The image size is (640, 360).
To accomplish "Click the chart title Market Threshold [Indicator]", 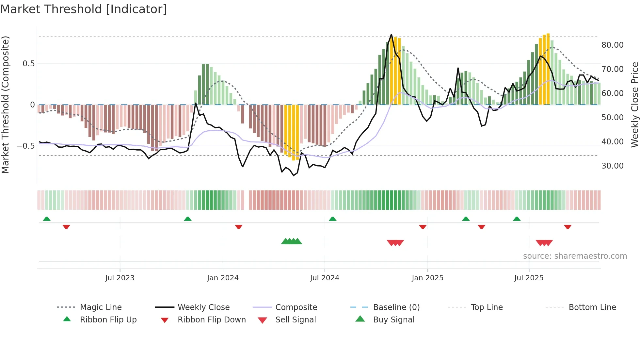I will (84, 9).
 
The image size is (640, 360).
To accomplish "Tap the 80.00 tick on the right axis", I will (612, 45).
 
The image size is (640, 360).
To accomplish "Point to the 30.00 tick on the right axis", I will (612, 166).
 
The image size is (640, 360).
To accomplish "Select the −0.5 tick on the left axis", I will (25, 146).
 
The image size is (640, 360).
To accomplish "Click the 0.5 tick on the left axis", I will (28, 64).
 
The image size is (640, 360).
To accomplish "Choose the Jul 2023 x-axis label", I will (120, 278).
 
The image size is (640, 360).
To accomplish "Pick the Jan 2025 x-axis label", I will (427, 278).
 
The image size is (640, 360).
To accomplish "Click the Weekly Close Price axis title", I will (634, 105).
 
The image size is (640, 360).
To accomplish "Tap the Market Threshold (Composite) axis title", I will (5, 105).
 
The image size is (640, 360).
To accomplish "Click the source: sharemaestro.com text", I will (575, 256).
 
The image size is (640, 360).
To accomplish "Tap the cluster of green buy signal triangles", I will (292, 241).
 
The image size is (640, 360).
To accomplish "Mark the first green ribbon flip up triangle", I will (47, 219).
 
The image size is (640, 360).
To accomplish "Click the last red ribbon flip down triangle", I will (568, 227).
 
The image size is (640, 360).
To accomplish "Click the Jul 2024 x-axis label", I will (325, 278).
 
